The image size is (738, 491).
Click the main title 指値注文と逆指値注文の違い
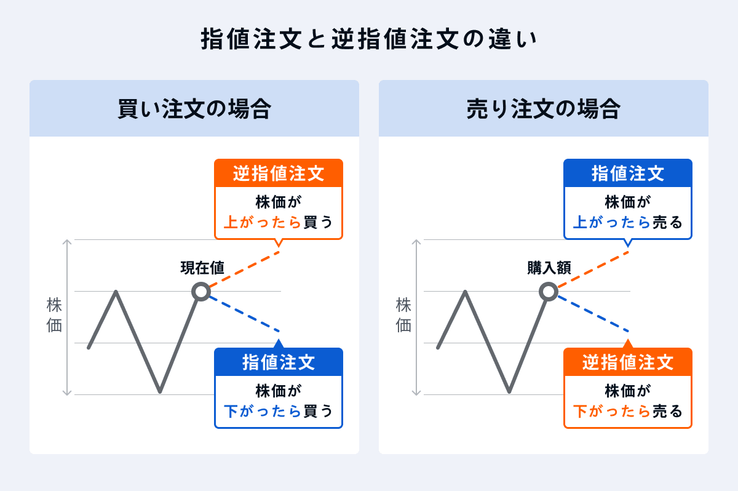click(369, 39)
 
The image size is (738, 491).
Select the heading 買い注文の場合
click(194, 110)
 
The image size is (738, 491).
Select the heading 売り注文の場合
click(544, 110)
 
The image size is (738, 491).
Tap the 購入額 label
click(549, 268)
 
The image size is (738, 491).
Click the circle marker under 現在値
click(201, 291)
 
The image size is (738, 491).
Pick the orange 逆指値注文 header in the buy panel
click(278, 174)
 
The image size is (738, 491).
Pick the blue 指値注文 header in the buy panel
click(278, 362)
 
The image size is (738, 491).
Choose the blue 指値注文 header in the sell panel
click(628, 174)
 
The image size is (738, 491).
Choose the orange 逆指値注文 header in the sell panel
click(628, 362)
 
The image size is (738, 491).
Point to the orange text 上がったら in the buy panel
click(263, 222)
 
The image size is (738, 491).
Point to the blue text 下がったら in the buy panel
click(263, 410)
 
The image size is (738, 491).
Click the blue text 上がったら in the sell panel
click(612, 222)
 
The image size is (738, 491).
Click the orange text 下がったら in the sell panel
click(612, 410)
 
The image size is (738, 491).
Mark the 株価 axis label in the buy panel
click(55, 316)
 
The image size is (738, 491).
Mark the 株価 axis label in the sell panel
click(404, 316)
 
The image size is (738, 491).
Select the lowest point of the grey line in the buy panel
click(160, 391)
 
